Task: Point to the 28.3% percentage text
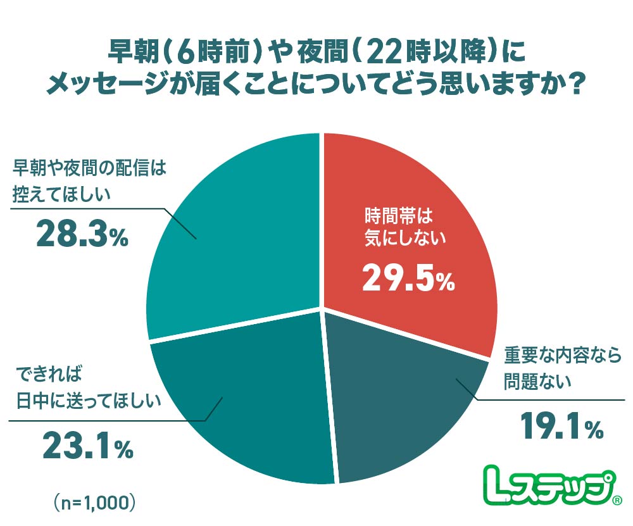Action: pos(82,235)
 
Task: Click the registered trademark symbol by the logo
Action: pos(617,502)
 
